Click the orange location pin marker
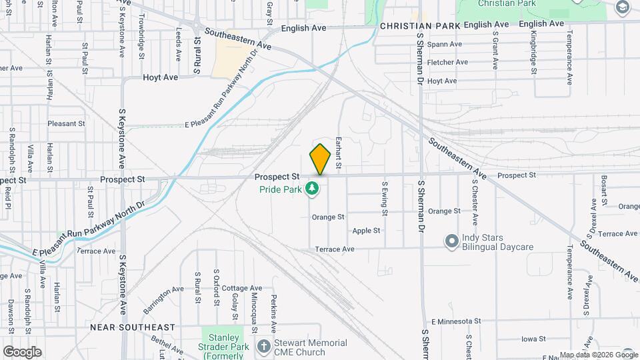[321, 159]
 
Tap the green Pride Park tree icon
[311, 189]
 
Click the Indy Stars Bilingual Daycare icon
[451, 240]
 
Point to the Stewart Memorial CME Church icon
[264, 346]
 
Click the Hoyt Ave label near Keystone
[161, 77]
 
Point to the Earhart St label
[339, 153]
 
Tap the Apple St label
[366, 231]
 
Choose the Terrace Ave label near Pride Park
[335, 249]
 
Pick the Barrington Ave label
[163, 300]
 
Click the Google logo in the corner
[22, 351]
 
